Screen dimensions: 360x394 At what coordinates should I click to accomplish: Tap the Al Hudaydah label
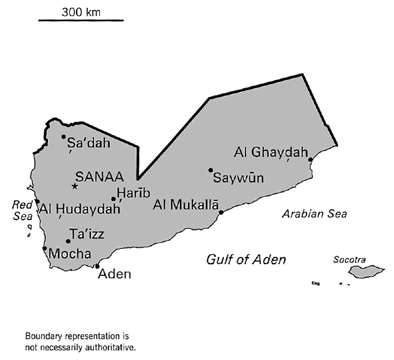[x=80, y=209]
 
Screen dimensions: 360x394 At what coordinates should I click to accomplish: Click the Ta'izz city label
[x=88, y=235]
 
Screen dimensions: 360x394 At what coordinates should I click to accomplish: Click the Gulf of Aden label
[x=245, y=260]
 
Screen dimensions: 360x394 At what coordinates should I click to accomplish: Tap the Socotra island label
[x=350, y=257]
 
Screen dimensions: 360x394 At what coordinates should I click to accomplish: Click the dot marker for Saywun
[x=210, y=170]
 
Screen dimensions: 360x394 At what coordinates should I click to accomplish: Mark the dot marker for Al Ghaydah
[x=311, y=159]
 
